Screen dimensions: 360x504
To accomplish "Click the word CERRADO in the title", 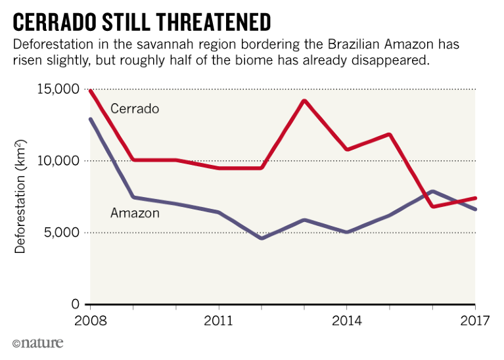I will click(x=57, y=22).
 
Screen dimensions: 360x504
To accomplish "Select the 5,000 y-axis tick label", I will click(x=60, y=233).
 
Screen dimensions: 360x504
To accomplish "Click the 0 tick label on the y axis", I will click(x=74, y=304).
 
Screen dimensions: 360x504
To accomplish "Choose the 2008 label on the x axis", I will click(x=90, y=321).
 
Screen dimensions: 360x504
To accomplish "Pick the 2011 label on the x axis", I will click(x=218, y=321).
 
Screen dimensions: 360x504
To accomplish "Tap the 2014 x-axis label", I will click(x=346, y=321).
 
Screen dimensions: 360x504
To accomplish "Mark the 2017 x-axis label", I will click(x=475, y=321).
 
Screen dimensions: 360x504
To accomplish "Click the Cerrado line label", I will click(x=135, y=108).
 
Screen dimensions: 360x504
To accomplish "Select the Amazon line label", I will click(x=135, y=213).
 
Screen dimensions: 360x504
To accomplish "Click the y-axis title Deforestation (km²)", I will click(x=21, y=197).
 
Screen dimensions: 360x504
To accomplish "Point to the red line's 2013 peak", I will click(x=304, y=101).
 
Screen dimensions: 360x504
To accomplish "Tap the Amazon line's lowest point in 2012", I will click(x=261, y=238).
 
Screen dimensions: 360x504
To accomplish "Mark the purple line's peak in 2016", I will click(x=432, y=191).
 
